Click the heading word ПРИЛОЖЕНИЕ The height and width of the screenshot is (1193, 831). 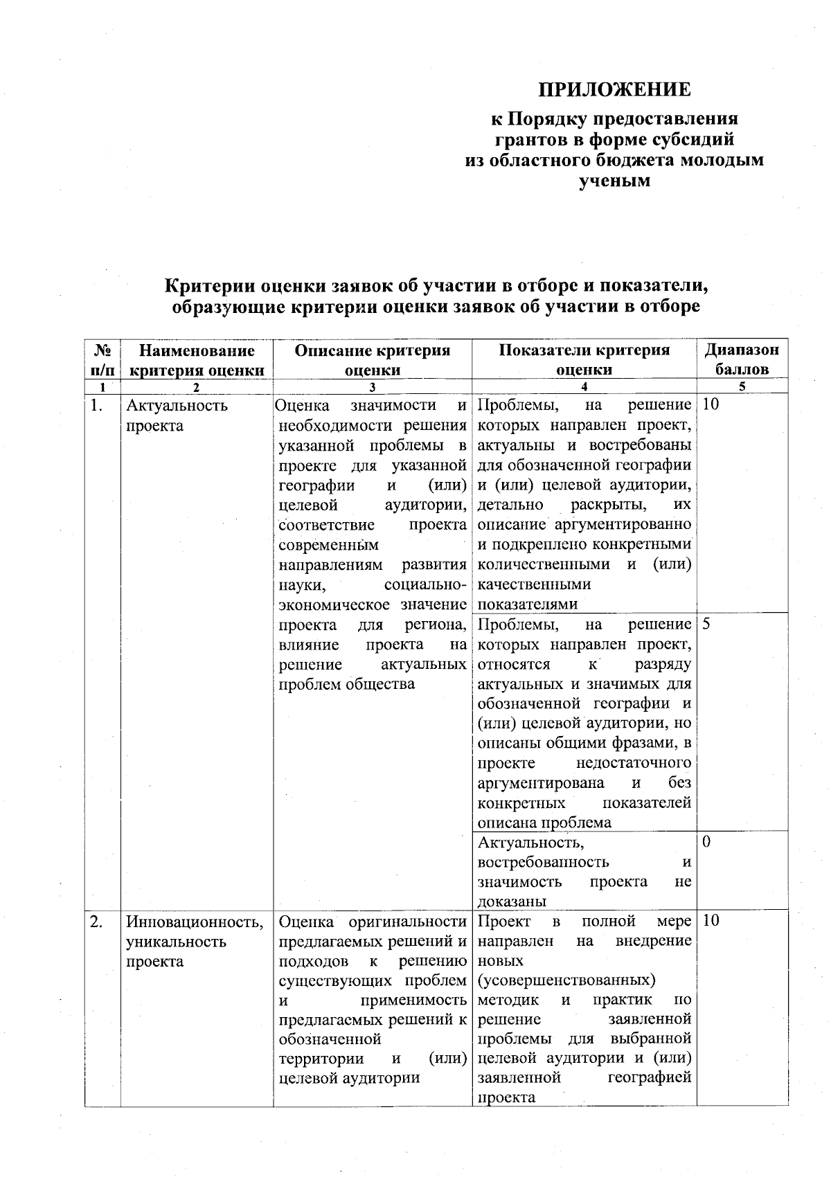point(615,90)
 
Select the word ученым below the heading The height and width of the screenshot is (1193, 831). point(614,182)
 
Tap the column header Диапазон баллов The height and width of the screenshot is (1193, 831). point(742,359)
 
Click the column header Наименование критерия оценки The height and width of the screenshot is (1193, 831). point(197,359)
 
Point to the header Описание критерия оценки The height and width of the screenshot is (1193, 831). point(373,359)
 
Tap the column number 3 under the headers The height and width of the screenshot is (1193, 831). point(373,388)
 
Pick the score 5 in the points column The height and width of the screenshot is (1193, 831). point(706,624)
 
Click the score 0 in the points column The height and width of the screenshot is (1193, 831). point(706,843)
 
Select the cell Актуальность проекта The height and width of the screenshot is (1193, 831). point(177,415)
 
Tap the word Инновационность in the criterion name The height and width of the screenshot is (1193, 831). point(195,922)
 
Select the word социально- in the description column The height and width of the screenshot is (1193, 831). point(424,584)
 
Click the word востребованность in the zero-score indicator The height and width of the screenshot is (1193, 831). point(544,862)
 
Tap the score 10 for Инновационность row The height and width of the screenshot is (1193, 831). point(711,921)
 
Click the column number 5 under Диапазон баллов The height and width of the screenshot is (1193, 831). point(742,388)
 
